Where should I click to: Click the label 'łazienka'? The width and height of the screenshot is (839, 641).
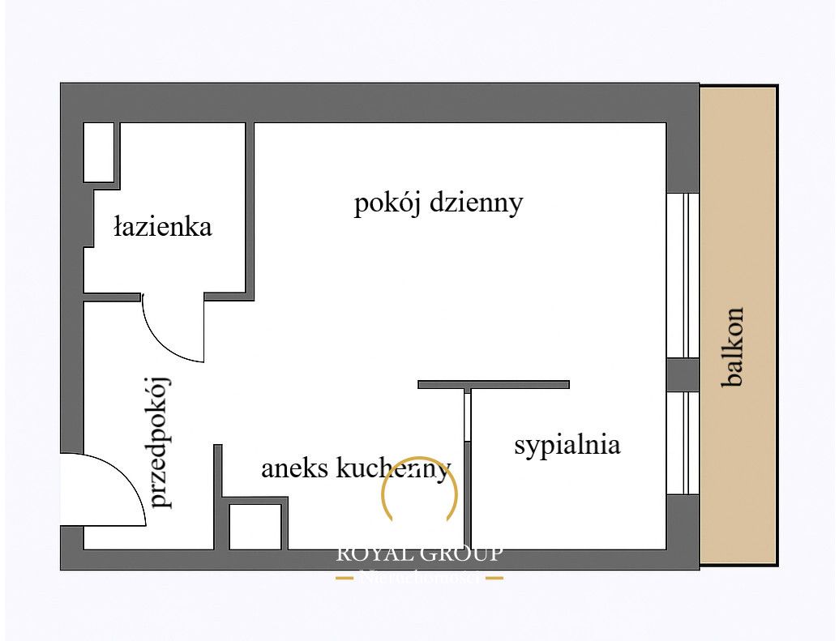pos(163,226)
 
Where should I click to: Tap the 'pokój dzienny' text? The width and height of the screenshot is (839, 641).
pos(438,203)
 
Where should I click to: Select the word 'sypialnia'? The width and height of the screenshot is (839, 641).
pos(567,445)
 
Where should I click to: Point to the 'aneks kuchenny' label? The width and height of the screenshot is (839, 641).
pos(355,468)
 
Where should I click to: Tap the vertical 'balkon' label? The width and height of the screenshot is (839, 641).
pos(734,346)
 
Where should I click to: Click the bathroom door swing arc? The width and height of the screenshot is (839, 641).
pos(166,340)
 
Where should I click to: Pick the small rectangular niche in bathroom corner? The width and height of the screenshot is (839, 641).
pos(99,152)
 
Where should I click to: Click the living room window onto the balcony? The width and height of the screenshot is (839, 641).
pos(683,276)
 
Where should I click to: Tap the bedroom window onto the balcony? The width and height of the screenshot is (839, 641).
pos(683,442)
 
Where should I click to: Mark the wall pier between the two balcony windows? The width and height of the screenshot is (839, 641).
pos(683,374)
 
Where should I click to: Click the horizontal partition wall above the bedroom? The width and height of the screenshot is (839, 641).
pos(493,384)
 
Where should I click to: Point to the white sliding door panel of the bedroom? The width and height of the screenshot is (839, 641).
pos(467,416)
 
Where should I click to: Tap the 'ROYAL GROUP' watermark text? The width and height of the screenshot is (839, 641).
pos(419,554)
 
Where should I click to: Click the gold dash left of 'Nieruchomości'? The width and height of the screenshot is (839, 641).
pos(345,578)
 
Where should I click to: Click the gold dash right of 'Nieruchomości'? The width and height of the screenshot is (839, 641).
pos(494,578)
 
